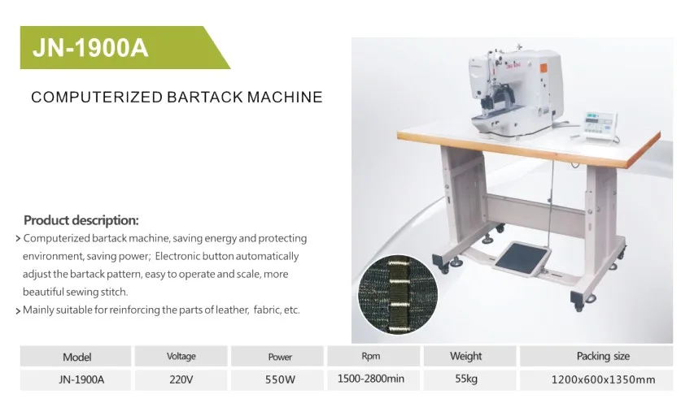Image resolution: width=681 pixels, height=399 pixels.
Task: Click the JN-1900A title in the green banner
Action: [x=90, y=48]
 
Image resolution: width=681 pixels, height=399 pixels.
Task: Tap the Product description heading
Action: [x=81, y=220]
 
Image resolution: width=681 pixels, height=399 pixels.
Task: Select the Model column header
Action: [x=76, y=357]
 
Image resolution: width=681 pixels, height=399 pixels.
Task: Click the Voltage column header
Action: [x=181, y=357]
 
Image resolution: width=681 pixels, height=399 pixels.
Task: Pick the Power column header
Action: [x=279, y=357]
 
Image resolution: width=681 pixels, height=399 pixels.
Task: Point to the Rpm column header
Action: [x=370, y=356]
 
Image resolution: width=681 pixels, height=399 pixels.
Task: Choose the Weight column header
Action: [x=465, y=356]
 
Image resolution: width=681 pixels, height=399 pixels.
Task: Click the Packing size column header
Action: [x=603, y=356]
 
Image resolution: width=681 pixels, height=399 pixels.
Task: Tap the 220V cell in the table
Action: [x=181, y=378]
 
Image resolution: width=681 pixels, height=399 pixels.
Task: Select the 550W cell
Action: [x=279, y=378]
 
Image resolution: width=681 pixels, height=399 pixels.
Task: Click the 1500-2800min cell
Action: [x=370, y=378]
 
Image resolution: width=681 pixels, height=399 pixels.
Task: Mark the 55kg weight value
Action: [x=465, y=378]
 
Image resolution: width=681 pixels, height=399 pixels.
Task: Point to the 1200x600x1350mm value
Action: [x=603, y=379]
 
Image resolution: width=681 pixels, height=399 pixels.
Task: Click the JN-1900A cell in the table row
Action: [x=76, y=378]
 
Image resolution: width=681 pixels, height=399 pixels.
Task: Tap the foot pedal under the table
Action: [x=522, y=258]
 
